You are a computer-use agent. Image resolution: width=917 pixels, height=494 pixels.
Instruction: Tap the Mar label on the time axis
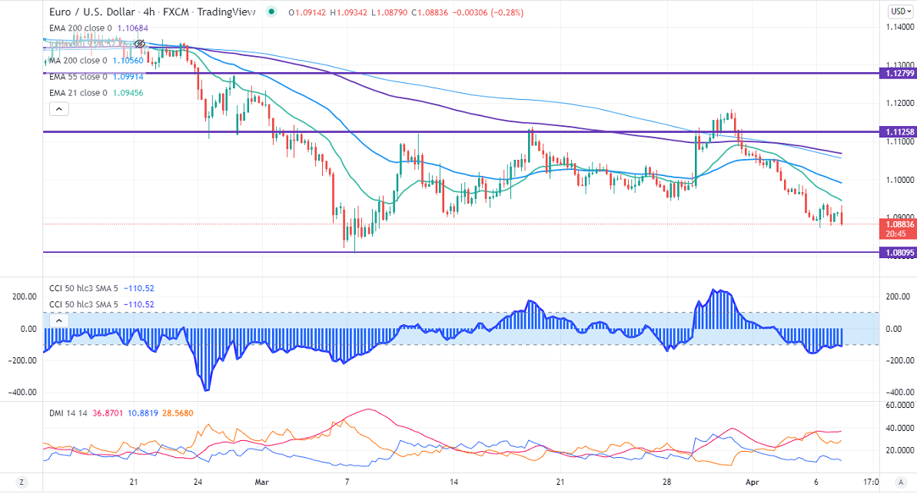[262, 482]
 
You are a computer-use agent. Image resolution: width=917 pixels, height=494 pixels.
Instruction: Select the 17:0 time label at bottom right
[871, 482]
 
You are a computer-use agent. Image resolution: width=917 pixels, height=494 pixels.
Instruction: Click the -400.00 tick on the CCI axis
[896, 392]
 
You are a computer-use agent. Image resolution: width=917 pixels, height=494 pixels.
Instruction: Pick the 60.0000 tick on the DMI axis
[898, 404]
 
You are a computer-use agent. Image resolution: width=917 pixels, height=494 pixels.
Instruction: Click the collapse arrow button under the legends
[59, 110]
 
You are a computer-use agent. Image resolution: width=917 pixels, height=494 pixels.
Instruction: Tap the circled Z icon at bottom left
[22, 482]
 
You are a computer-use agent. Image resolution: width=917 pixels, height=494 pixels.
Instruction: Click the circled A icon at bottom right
[896, 482]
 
